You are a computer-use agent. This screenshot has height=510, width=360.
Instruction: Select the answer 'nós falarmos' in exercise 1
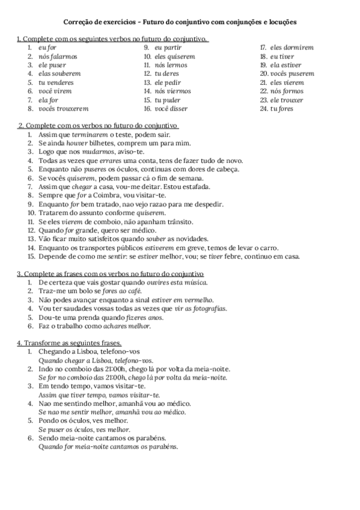tap(58, 56)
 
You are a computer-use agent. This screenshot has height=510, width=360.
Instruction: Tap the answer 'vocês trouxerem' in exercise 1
tap(63, 109)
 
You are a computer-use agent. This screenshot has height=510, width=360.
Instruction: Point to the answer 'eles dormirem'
tap(292, 47)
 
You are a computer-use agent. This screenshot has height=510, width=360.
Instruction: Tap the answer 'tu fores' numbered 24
tap(282, 109)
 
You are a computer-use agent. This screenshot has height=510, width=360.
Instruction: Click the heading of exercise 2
tap(99, 126)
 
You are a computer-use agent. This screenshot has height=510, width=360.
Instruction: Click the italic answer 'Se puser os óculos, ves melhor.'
tap(84, 430)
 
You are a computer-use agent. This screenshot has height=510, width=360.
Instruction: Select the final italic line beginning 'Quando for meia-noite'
tap(108, 447)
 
